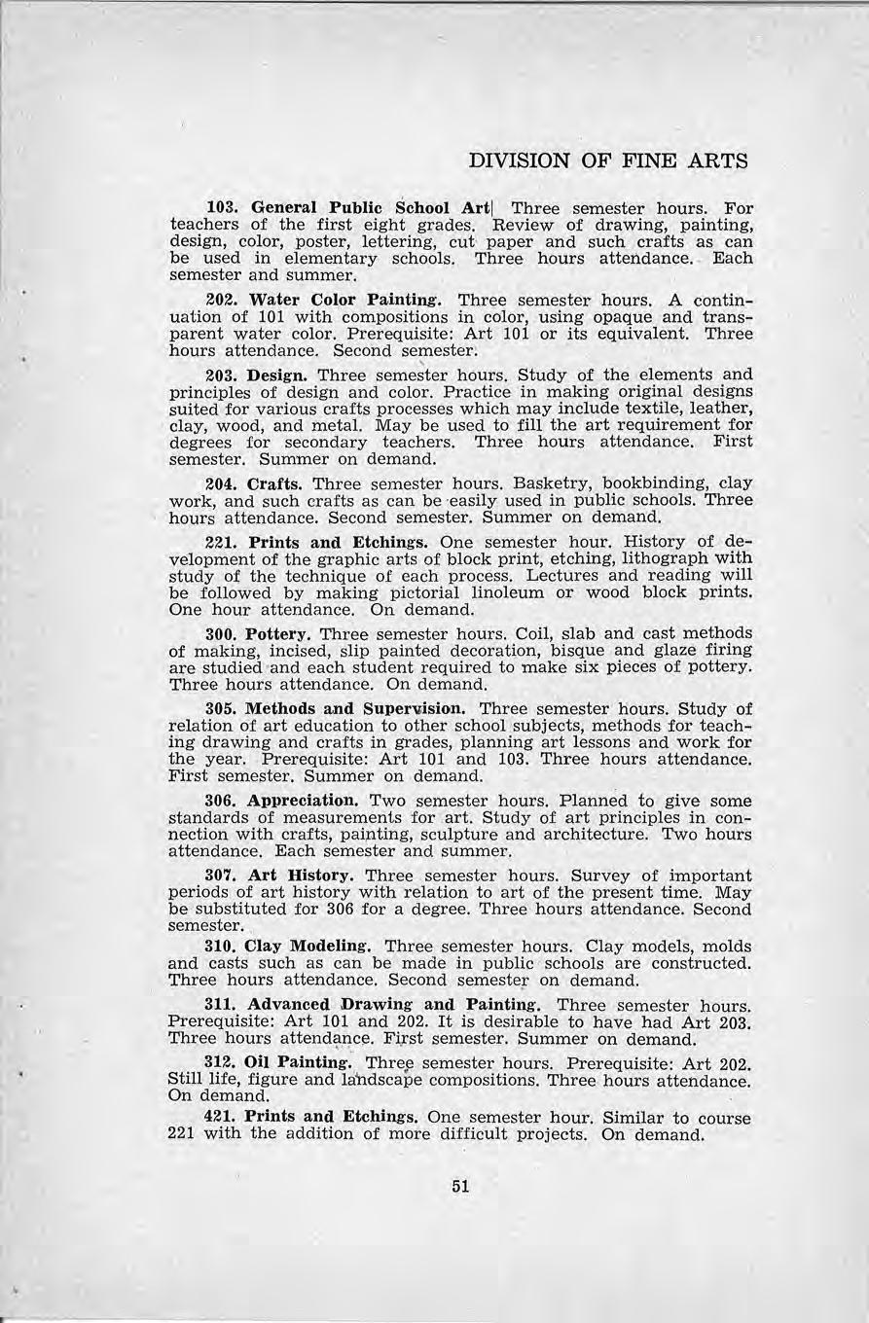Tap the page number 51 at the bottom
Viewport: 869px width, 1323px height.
(x=460, y=1186)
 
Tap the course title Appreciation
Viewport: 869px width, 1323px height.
(x=304, y=801)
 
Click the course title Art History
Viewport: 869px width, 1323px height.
(x=298, y=876)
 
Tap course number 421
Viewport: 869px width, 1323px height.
(x=221, y=1118)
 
